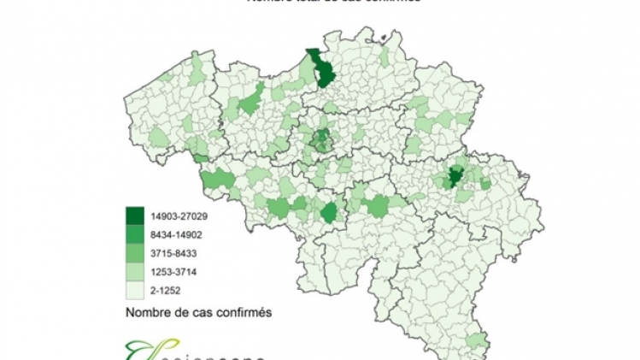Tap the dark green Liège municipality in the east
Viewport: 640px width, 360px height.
(455, 178)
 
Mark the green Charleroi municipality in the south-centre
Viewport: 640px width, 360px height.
(329, 212)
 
